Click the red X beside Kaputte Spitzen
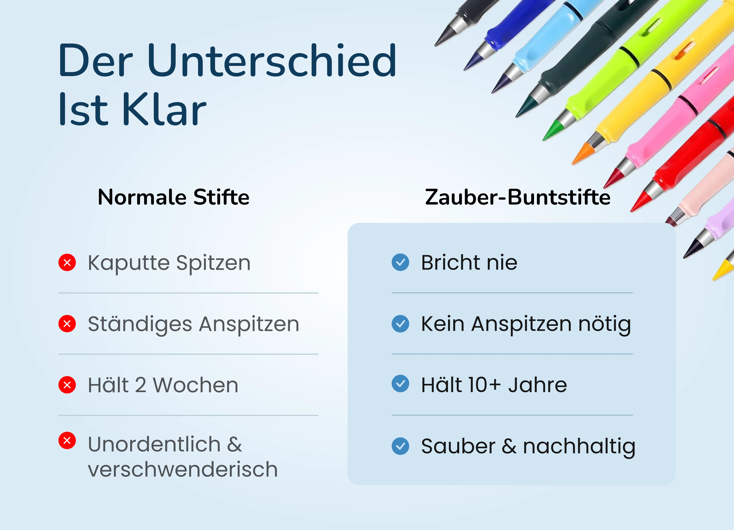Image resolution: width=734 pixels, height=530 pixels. pos(67,262)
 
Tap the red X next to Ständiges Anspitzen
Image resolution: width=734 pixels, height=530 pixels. pos(67,324)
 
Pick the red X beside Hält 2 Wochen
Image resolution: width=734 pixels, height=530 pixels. pos(67,385)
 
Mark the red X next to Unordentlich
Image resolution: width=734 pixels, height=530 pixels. pos(67,440)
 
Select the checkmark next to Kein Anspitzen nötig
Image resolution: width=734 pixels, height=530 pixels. pos(400,324)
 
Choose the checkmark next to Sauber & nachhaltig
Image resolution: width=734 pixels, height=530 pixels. pos(400,446)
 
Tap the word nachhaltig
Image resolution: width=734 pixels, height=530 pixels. pos(579,447)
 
